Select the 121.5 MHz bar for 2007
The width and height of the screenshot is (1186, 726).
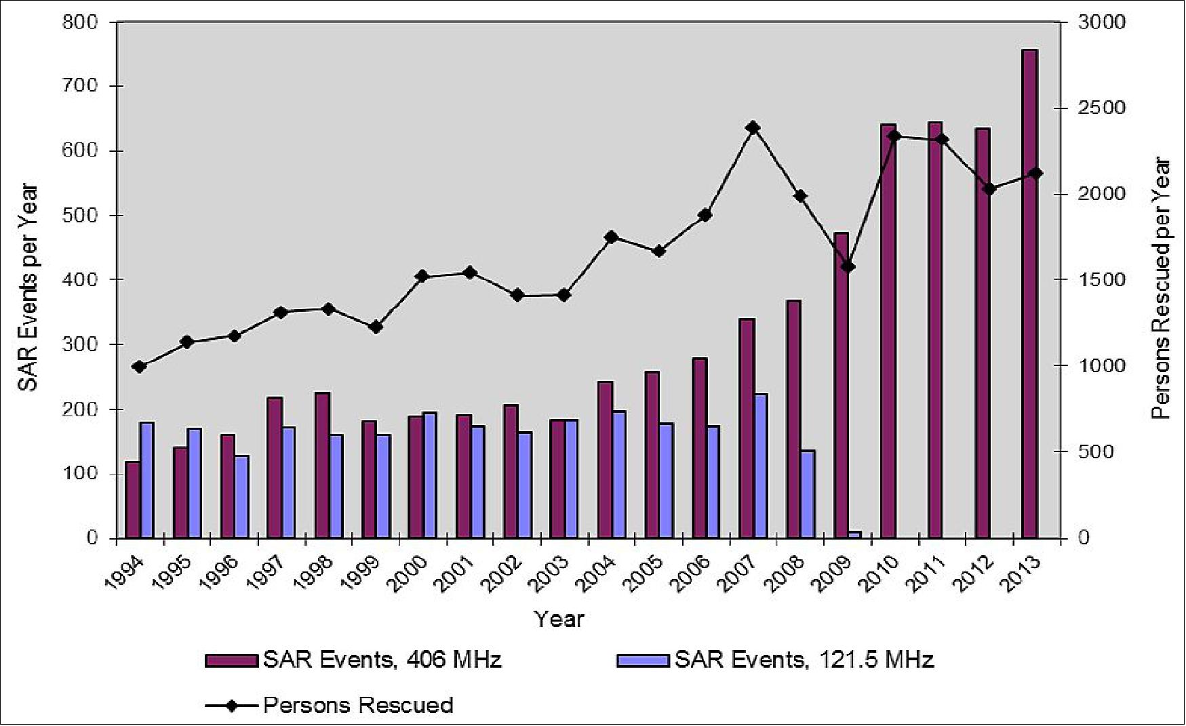pos(761,466)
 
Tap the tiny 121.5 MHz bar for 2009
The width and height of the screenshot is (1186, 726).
pos(855,535)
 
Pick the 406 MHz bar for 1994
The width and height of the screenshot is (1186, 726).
pos(132,500)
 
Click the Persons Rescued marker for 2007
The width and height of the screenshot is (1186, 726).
pos(753,127)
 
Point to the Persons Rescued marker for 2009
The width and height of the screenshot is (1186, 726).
pos(847,266)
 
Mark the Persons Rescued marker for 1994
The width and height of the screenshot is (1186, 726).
pos(140,367)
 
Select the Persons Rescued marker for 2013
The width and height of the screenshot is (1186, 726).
pos(1035,174)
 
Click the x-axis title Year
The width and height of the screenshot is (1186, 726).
pos(559,618)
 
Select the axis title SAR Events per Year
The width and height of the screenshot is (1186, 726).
pos(28,287)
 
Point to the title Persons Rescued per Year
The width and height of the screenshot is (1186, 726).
pos(1161,287)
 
